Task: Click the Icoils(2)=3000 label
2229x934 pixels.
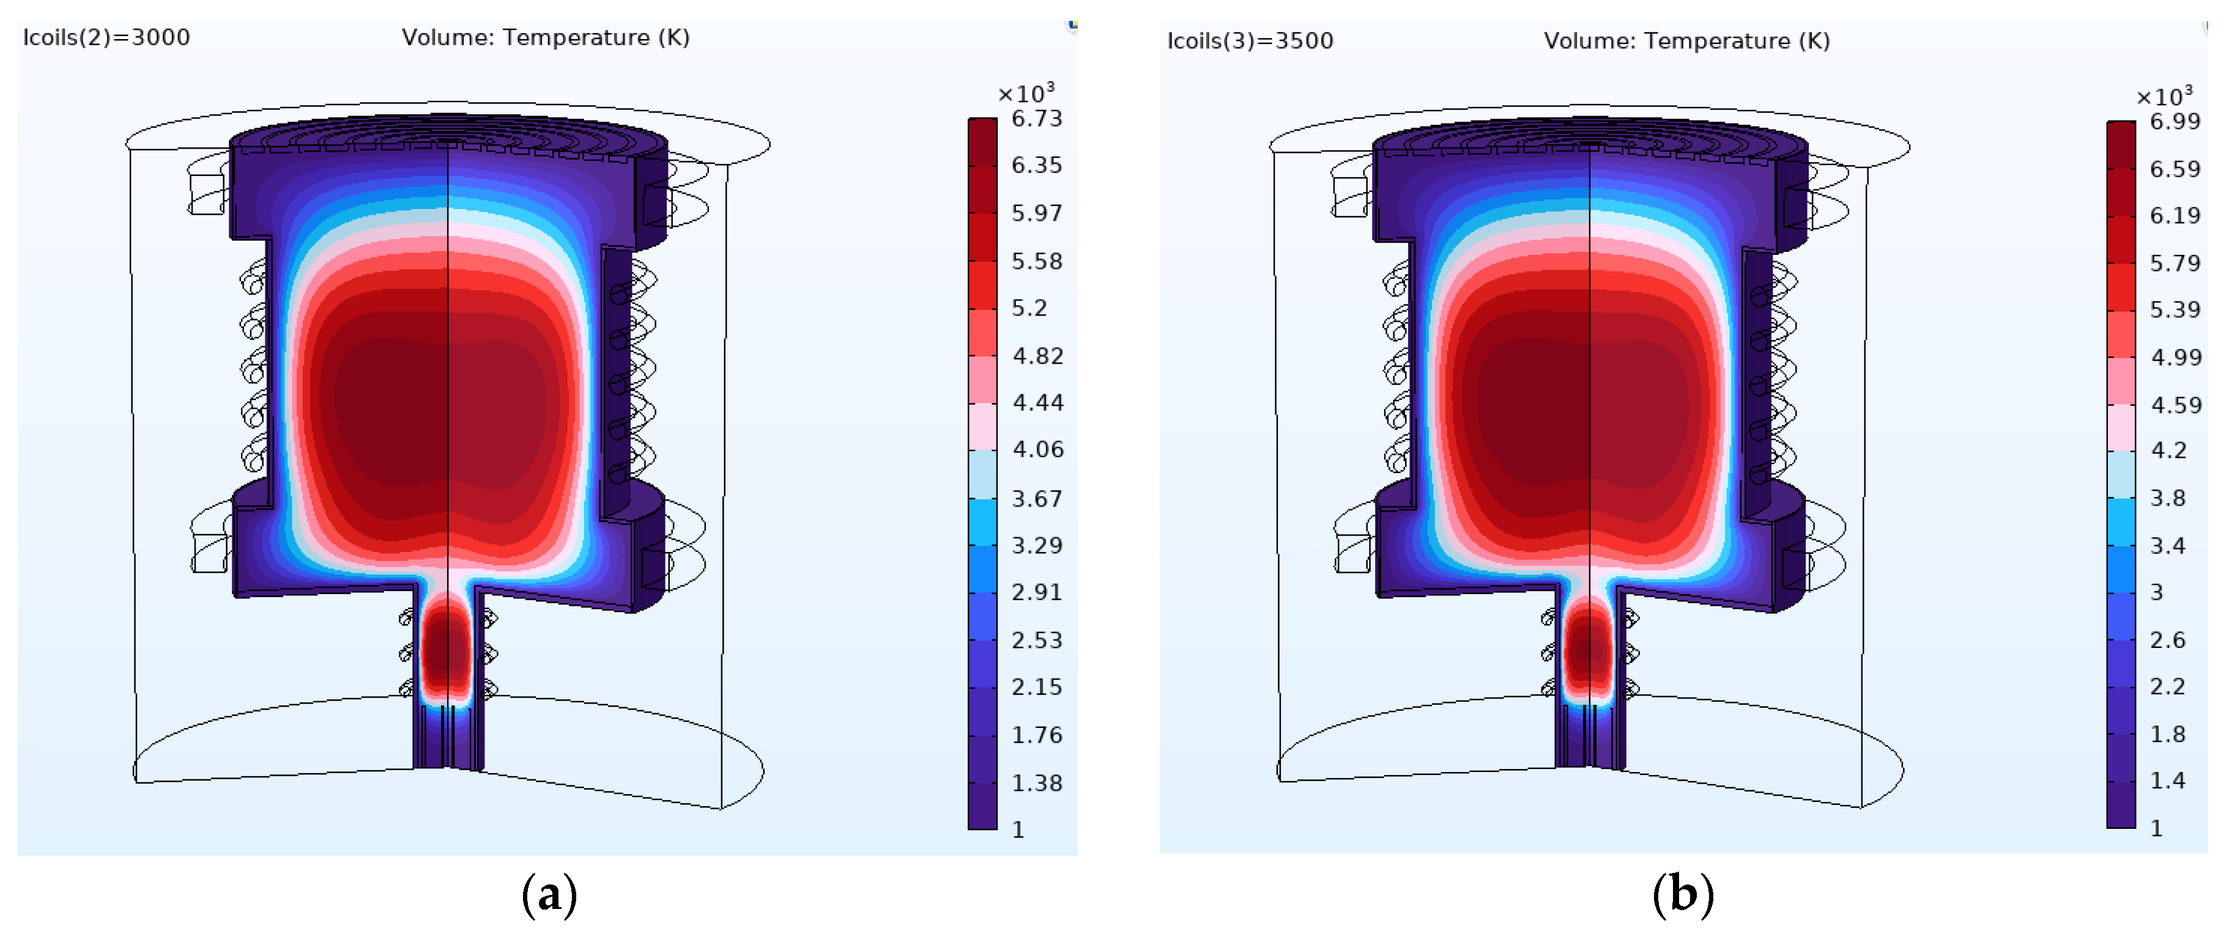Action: point(106,37)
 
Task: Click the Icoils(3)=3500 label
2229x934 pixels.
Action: point(1250,40)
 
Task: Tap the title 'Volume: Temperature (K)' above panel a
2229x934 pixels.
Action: point(545,37)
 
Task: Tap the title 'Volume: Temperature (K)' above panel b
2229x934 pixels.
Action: point(1686,40)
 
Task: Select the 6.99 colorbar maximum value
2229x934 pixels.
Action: point(2175,121)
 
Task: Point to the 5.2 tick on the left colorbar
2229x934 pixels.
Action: point(1029,308)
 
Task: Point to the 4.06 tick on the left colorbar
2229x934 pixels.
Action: point(1037,449)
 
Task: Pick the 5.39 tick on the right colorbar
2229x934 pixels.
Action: point(2175,310)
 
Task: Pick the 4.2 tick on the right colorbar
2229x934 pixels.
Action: point(2168,450)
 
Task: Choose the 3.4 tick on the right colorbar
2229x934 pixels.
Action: point(2168,546)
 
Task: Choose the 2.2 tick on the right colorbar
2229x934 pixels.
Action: point(2168,686)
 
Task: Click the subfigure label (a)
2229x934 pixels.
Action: point(549,895)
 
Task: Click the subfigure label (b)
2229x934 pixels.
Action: point(1682,894)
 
